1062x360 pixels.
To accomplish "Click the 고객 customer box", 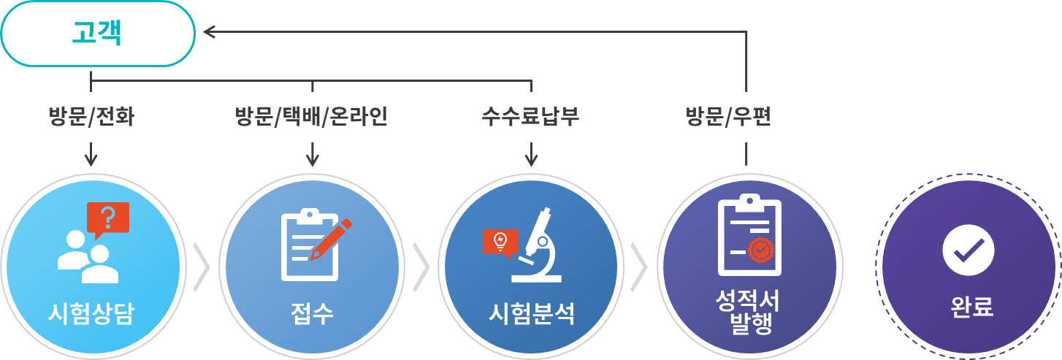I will coord(97,34).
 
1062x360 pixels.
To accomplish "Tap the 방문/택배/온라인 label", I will coord(310,117).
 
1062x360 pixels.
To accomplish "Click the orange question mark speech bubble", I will coord(108,218).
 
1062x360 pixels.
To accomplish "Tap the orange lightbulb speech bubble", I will coord(500,242).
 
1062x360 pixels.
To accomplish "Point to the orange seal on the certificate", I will coord(762,250).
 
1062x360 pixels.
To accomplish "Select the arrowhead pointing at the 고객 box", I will coord(209,31).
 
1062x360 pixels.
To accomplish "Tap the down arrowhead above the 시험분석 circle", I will coord(531,160).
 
